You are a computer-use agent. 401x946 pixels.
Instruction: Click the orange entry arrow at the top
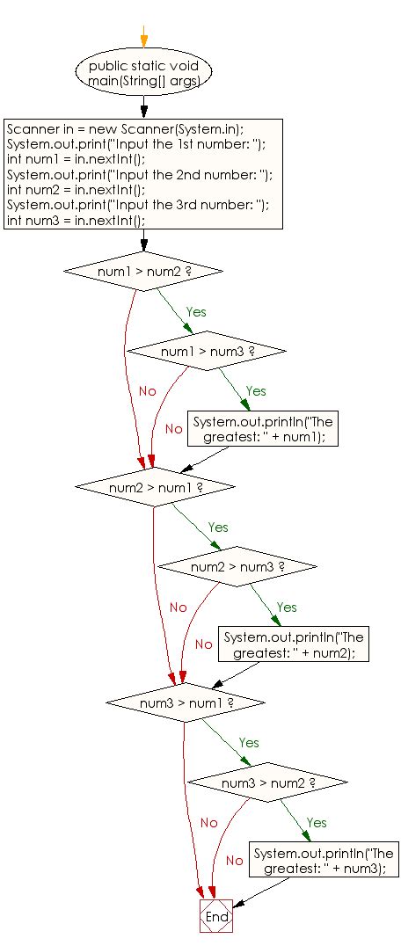coord(143,35)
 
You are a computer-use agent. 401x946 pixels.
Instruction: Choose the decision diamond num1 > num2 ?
coord(143,271)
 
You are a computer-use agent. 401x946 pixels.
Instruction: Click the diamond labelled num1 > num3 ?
coord(207,351)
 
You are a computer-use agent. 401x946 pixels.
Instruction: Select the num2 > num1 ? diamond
coord(156,486)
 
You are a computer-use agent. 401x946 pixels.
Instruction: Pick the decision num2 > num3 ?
coord(237,567)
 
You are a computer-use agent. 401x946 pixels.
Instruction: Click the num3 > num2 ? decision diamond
coord(268,782)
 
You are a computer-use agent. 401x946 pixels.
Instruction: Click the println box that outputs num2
coord(295,644)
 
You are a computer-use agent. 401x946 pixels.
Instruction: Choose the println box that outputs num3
coord(324,860)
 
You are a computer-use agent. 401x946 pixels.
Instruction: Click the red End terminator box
coord(215,916)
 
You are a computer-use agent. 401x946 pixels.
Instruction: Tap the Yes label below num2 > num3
coord(287,607)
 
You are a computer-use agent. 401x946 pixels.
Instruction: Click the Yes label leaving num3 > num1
coord(249,743)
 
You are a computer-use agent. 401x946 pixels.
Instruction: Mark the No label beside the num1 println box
coord(173,428)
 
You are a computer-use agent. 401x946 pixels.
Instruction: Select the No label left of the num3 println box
coord(233,860)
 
